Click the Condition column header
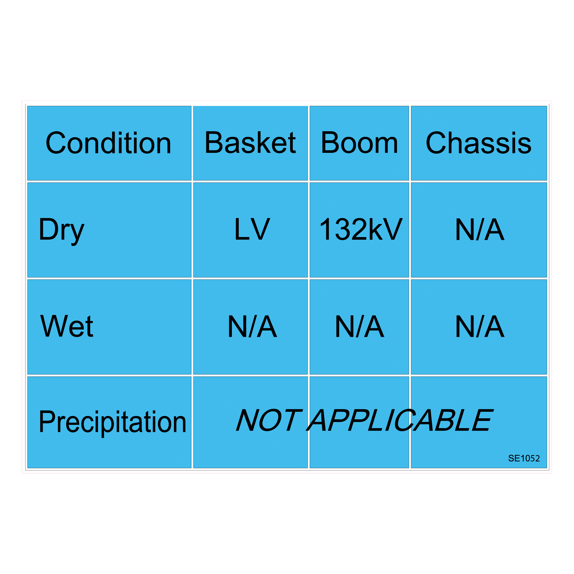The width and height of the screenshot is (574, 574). coord(108,143)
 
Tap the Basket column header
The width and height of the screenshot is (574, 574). coord(250,142)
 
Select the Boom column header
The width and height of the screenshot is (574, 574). coord(359,143)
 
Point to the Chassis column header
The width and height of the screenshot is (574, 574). coord(478,143)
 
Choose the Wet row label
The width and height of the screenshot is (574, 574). coord(66,326)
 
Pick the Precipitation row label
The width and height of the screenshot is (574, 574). coord(113,422)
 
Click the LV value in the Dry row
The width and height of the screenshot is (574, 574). coord(253,229)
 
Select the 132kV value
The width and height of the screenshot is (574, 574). coord(361,229)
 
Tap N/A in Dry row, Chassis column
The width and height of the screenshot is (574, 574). coord(480,229)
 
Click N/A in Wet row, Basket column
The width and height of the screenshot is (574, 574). coord(253,326)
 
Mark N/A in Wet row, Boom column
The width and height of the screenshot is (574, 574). coord(360,326)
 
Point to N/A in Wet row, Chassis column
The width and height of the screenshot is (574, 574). coord(480,326)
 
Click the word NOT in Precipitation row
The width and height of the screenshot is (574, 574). coord(269,420)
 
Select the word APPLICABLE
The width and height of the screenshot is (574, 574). coord(400,420)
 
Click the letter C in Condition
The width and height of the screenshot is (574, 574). coord(56,143)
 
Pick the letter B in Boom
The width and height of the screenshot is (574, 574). coord(330,142)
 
